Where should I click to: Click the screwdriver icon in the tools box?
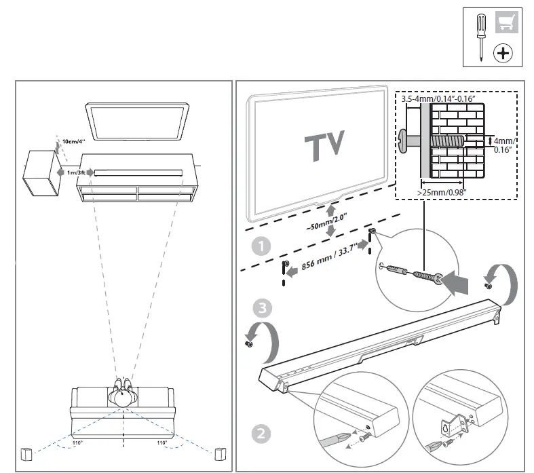[x=480, y=37]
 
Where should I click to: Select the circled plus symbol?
[x=503, y=52]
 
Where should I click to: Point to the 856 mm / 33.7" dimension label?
[x=328, y=256]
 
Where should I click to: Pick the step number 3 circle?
[x=261, y=309]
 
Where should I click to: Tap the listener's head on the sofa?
[x=123, y=397]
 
